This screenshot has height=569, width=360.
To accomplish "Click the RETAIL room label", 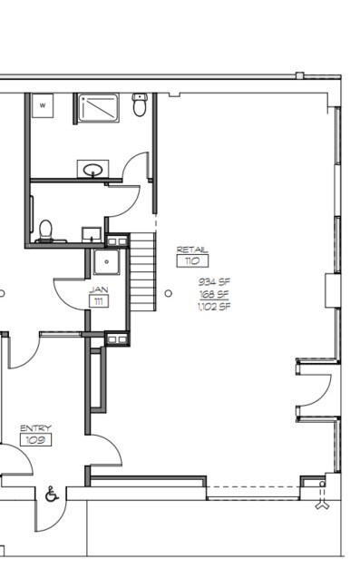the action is click(192, 250).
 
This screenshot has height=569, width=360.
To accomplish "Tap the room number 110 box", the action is click(192, 261).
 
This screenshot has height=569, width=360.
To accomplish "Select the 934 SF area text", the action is click(214, 281).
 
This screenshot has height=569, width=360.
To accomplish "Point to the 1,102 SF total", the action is click(214, 307).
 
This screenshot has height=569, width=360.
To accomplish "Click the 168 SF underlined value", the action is click(214, 294).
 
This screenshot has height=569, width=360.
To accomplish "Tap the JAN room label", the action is click(99, 289).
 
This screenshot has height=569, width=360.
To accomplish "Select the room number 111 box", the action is click(99, 301).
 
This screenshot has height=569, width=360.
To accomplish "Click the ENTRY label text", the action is click(35, 428).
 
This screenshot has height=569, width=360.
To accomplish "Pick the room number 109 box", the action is click(35, 440).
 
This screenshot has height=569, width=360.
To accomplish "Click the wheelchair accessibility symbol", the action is click(52, 495).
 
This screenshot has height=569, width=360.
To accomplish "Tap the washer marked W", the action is click(43, 105).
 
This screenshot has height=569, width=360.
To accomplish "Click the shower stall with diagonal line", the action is click(99, 108).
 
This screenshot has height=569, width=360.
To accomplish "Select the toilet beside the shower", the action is click(140, 104).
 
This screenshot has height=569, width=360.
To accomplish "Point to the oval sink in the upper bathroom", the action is click(92, 170).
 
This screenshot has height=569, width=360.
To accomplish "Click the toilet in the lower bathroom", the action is click(46, 231).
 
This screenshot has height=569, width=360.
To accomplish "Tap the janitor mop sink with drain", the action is click(107, 261).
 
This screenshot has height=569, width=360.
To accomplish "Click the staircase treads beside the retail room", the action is click(142, 271).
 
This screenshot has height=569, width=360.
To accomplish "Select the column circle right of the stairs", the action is click(169, 293).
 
